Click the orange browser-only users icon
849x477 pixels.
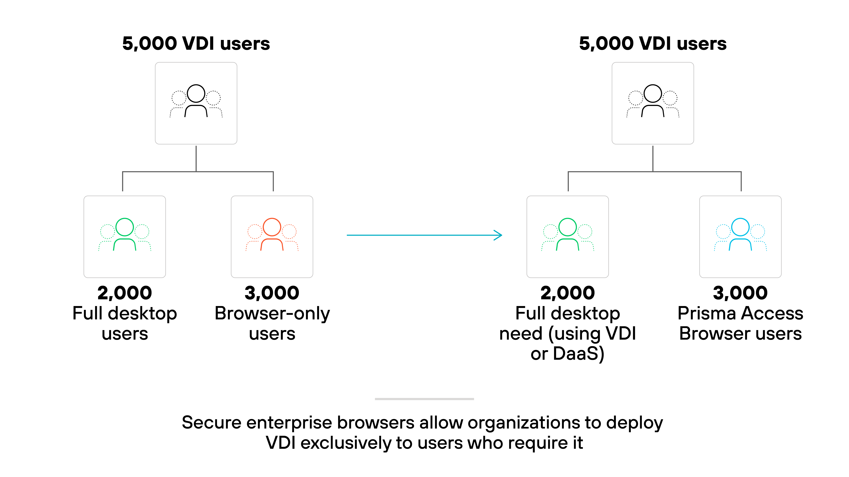coord(272,234)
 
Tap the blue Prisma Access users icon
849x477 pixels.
coord(740,234)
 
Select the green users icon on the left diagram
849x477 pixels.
coord(125,234)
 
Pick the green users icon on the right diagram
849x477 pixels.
coord(567,234)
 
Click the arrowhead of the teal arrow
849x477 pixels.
coord(499,235)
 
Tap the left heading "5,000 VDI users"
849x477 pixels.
coord(196,44)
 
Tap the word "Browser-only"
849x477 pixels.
coord(272,313)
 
